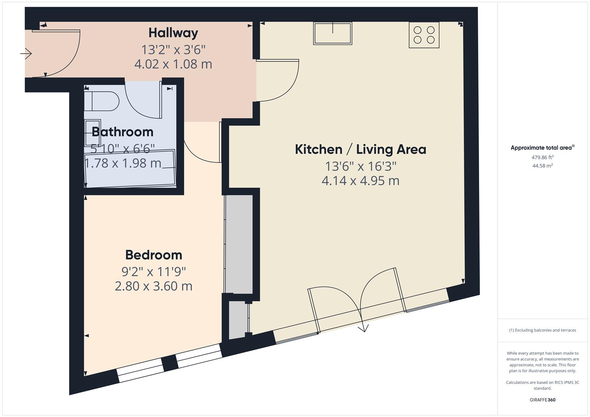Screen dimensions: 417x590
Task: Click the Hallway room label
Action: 173,33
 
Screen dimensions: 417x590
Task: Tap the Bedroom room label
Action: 153,255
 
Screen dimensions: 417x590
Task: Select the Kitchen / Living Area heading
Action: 360,149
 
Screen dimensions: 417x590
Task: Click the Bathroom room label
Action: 122,132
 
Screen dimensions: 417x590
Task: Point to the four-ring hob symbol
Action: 424,35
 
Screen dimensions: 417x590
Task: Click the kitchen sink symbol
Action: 333,33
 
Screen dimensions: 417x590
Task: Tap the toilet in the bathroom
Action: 102,101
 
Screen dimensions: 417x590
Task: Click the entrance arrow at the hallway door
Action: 26,53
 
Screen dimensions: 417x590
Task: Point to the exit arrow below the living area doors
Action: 363,328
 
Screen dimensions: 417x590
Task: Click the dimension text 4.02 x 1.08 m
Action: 173,64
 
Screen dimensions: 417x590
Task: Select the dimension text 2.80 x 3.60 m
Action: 153,286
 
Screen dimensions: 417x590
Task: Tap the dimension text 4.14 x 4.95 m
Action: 360,181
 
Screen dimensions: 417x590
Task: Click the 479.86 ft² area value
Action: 542,157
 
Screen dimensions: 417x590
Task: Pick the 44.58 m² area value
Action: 542,166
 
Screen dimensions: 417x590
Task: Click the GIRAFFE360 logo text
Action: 542,400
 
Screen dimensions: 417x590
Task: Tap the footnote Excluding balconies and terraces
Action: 542,330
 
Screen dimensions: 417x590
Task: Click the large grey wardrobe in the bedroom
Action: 239,244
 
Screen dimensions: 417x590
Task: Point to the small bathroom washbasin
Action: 93,127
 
